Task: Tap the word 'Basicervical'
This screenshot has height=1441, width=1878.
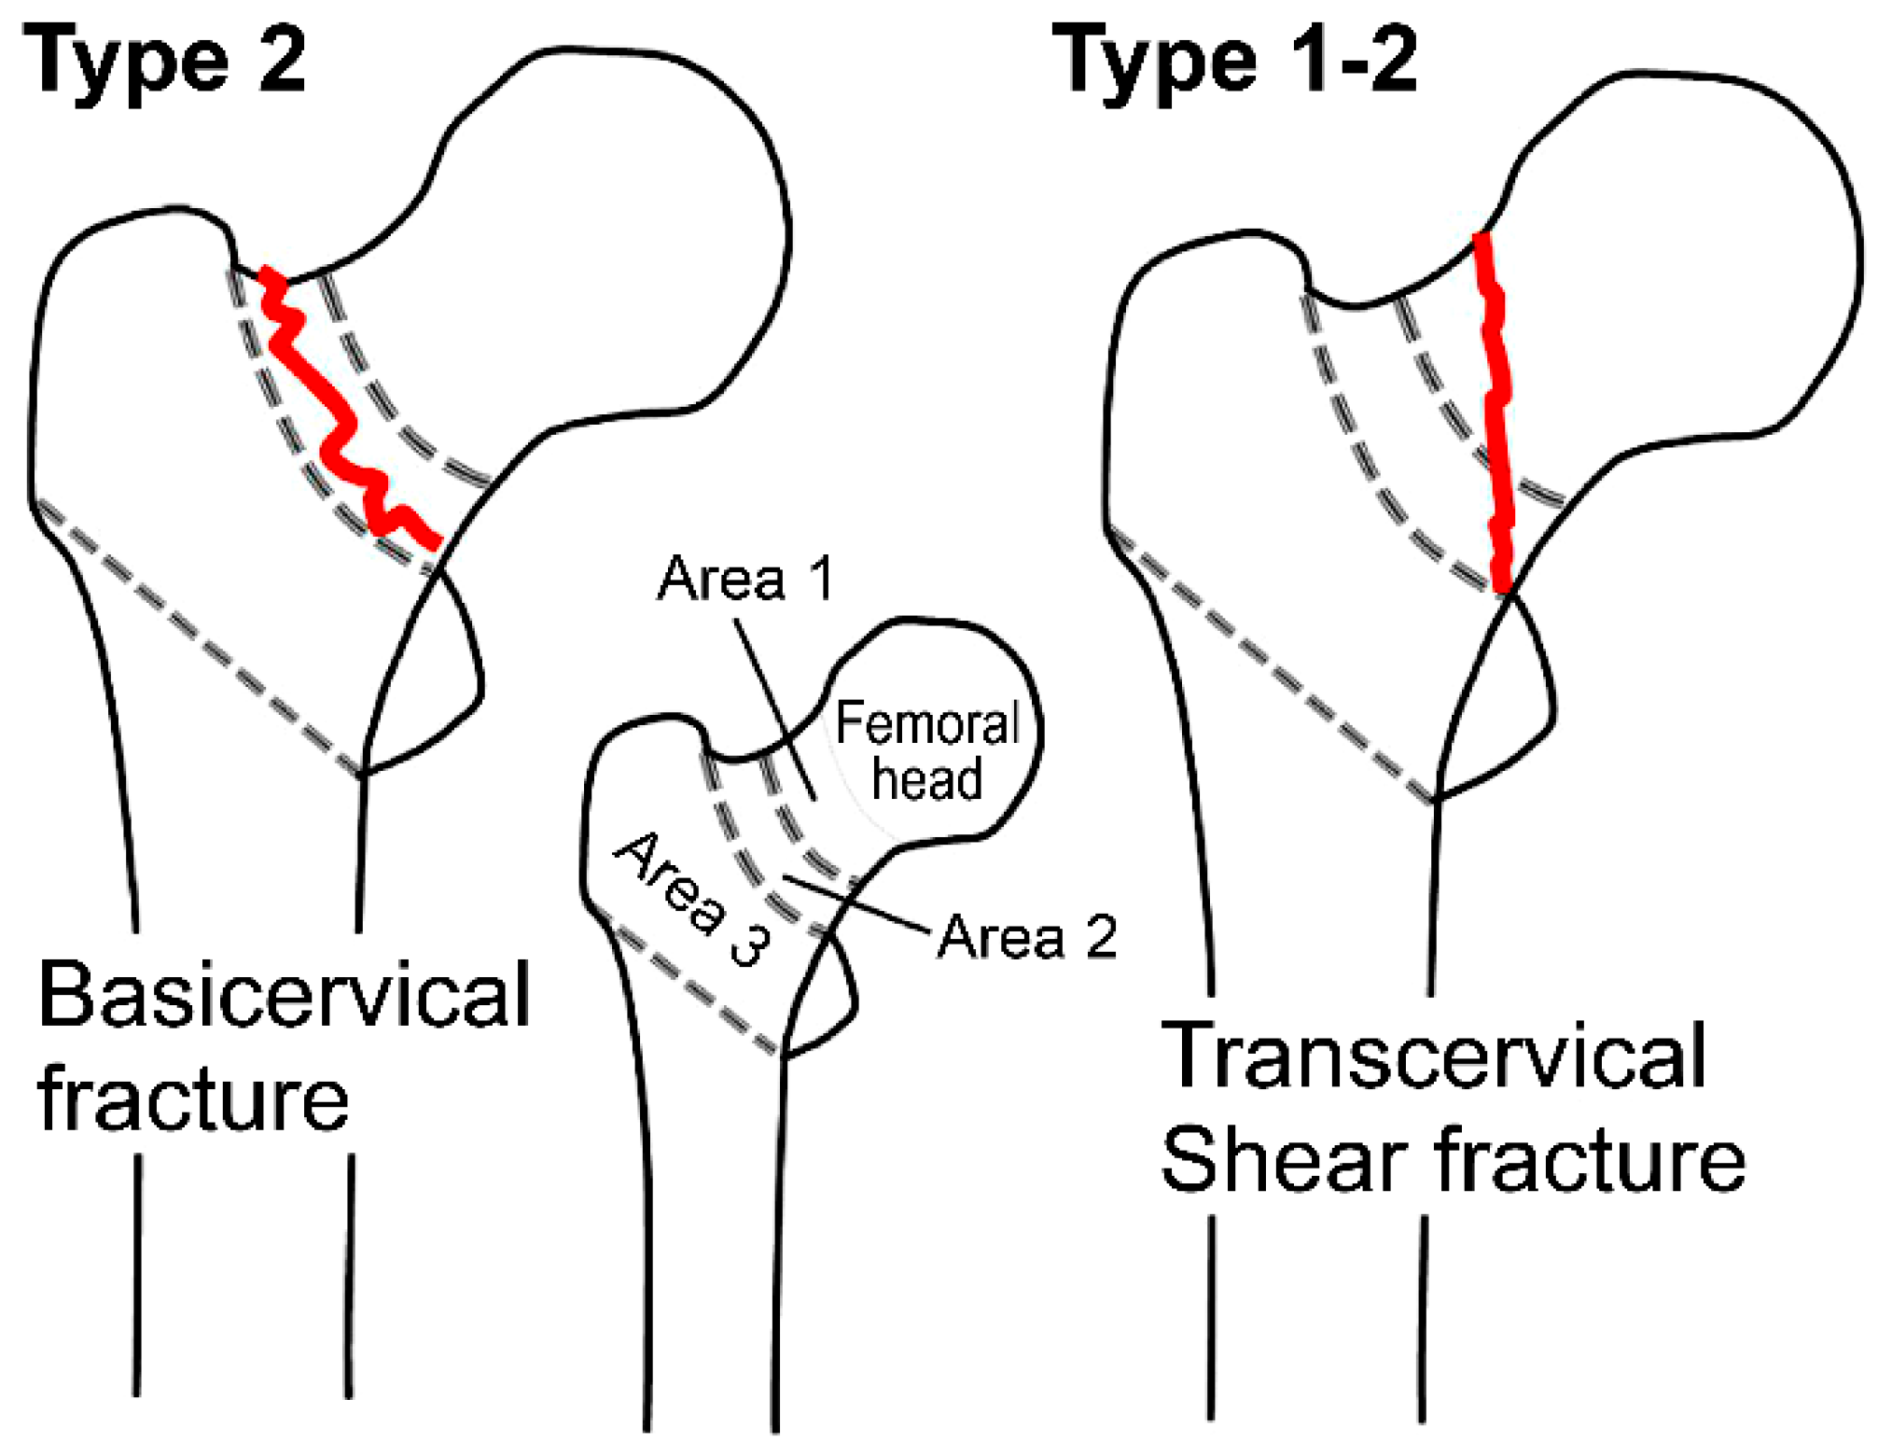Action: click(x=284, y=997)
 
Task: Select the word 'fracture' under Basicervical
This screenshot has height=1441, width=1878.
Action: click(x=193, y=1101)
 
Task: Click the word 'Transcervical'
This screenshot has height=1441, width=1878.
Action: click(x=1433, y=1056)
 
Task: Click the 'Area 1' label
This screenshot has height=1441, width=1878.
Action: click(x=744, y=580)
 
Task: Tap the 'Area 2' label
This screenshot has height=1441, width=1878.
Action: click(x=1027, y=937)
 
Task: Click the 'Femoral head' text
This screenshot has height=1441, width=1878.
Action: click(x=927, y=751)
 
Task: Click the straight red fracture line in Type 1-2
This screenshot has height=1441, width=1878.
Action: click(x=1495, y=411)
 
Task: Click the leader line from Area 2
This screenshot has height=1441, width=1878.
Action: click(x=858, y=904)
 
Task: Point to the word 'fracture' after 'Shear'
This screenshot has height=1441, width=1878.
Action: click(x=1589, y=1160)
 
